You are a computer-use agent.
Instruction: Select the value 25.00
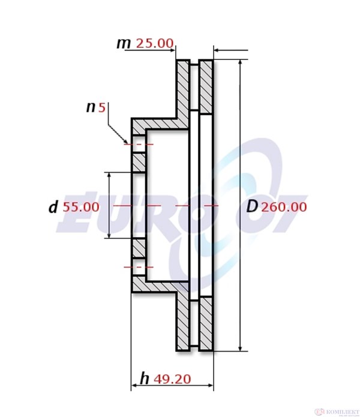tap(155, 43)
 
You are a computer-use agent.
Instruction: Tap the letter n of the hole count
tap(91, 107)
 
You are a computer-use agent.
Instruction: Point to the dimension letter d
tap(53, 208)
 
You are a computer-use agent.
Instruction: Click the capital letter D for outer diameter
tap(253, 207)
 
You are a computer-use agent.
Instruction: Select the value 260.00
tap(284, 207)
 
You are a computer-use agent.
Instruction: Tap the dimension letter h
tap(145, 379)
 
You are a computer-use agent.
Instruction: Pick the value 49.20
tap(172, 379)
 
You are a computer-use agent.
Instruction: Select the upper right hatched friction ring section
tap(206, 86)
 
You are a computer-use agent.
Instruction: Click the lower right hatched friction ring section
tap(206, 323)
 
